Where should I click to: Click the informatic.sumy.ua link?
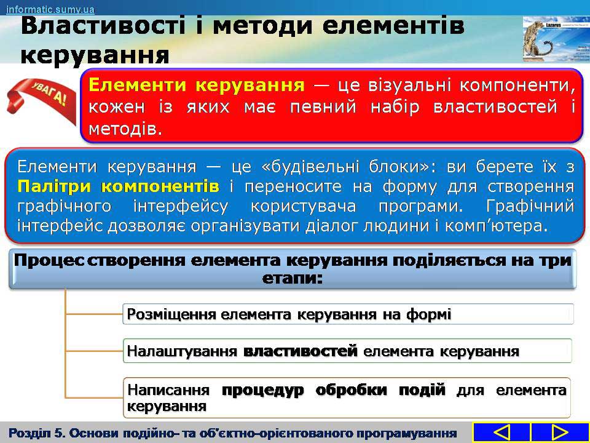[50, 9]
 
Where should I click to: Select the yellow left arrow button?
[502, 432]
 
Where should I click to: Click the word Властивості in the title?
[103, 26]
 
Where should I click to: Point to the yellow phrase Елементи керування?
[197, 85]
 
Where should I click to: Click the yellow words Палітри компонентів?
[118, 186]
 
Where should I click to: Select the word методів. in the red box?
[125, 129]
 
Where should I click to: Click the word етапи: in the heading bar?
[293, 279]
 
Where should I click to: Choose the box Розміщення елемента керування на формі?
[348, 314]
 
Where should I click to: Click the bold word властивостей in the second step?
[301, 351]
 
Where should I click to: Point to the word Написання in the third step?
[168, 390]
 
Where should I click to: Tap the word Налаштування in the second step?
[182, 351]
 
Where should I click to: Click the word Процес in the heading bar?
[49, 261]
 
